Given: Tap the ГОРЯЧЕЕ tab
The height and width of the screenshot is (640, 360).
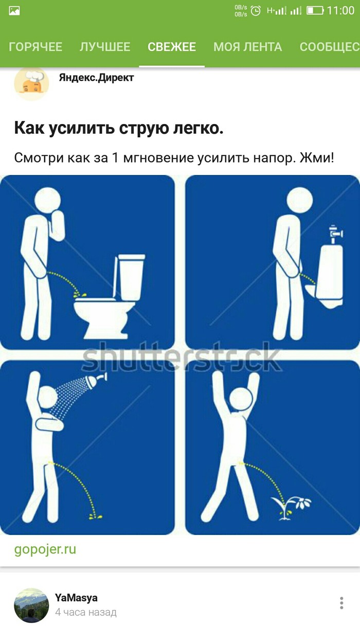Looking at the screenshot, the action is tap(35, 47).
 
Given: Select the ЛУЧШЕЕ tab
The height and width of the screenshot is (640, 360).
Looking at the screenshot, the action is tap(105, 47).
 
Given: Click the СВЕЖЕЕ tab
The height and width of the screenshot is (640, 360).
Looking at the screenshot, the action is tap(172, 47).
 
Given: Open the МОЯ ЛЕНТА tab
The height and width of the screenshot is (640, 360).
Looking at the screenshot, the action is tap(248, 47).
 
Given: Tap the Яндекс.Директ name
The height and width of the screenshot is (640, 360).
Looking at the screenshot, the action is tap(96, 78).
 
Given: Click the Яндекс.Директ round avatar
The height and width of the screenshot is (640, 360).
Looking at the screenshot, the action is tap(31, 83).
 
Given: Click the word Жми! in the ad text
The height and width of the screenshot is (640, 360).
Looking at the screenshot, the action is tap(317, 157).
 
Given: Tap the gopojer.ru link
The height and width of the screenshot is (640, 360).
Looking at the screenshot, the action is tap(45, 549).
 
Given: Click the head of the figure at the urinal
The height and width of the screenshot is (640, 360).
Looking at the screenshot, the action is tap(299, 200).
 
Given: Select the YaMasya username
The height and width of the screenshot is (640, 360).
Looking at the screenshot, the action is tap(76, 598).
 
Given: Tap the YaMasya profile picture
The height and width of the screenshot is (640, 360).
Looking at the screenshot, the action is tap(31, 605).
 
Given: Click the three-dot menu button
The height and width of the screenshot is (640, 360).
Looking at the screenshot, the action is tap(341, 603).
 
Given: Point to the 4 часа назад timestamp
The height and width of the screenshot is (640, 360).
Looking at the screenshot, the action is tap(86, 612).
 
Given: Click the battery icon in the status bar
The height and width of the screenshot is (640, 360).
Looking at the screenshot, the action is tap(315, 11).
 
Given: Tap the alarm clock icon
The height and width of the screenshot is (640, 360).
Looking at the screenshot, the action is tap(256, 11).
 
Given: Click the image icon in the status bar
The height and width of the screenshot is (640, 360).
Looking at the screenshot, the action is tap(14, 11).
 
